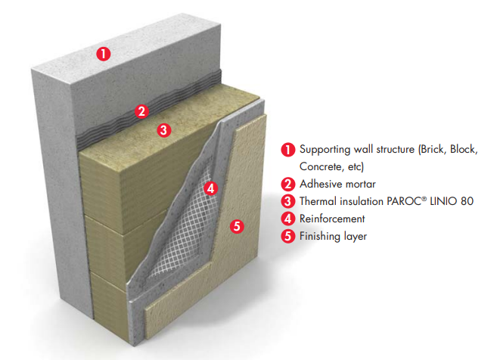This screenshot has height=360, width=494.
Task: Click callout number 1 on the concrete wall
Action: pyautogui.click(x=104, y=53)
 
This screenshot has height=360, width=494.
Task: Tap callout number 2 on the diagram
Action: pyautogui.click(x=141, y=111)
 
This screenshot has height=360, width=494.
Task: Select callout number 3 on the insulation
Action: pyautogui.click(x=164, y=129)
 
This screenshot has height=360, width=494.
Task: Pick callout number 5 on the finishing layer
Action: pyautogui.click(x=237, y=225)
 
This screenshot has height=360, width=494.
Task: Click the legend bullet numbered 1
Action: pyautogui.click(x=287, y=150)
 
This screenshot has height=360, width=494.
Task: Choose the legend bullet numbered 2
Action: pyautogui.click(x=287, y=184)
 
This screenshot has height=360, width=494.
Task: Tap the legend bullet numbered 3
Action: pyautogui.click(x=287, y=201)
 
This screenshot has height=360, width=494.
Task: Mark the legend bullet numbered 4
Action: pyautogui.click(x=287, y=219)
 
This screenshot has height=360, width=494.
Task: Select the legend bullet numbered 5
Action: pyautogui.click(x=287, y=236)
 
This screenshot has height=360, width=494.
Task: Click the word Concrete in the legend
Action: pyautogui.click(x=321, y=166)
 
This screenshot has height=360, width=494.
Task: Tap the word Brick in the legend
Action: pyautogui.click(x=435, y=150)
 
